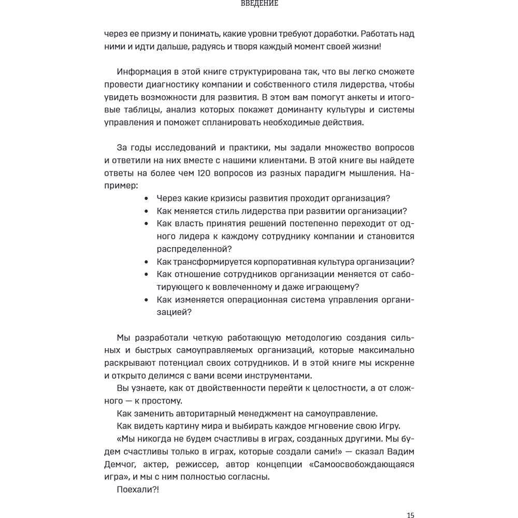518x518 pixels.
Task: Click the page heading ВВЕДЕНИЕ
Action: pyautogui.click(x=260, y=3)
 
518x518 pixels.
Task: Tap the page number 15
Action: pyautogui.click(x=410, y=514)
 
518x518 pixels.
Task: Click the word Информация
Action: pyautogui.click(x=146, y=71)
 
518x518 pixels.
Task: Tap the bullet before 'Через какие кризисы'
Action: pyautogui.click(x=147, y=198)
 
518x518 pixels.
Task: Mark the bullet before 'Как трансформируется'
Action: pyautogui.click(x=147, y=262)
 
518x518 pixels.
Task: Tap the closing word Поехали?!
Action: pyautogui.click(x=138, y=489)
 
